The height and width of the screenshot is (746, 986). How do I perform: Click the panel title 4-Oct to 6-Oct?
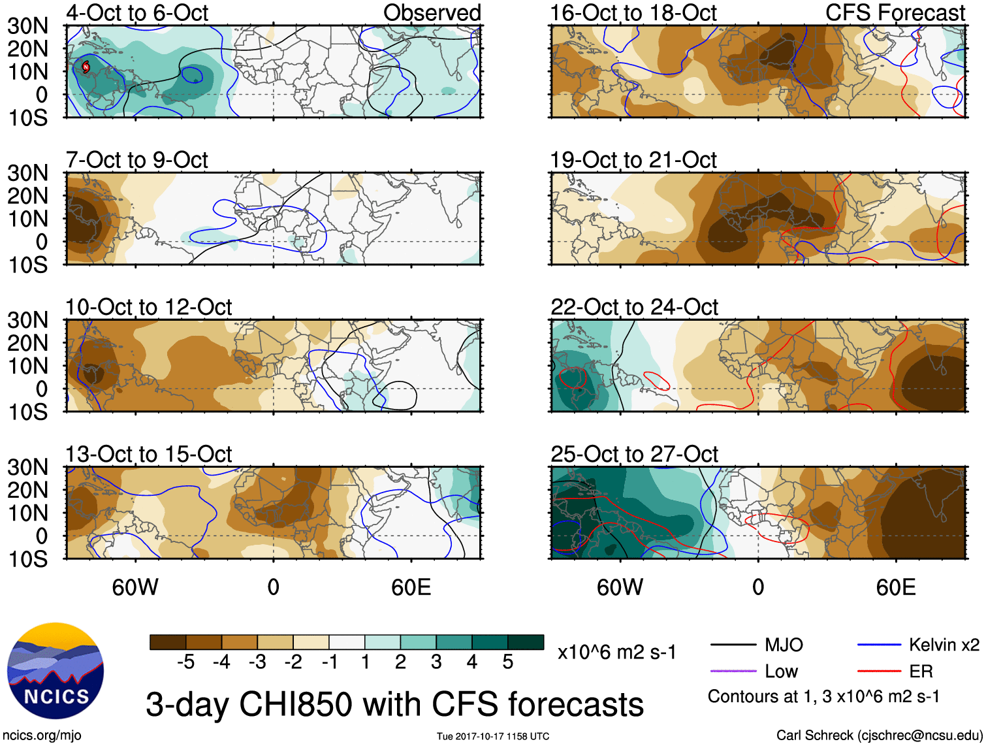[x=137, y=12]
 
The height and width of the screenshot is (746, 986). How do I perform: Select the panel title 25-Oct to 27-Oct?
[x=634, y=454]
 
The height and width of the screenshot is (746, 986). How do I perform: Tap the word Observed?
[x=432, y=12]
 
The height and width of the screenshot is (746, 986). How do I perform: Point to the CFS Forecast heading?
[x=895, y=12]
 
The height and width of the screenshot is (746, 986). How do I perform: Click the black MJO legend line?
[x=733, y=645]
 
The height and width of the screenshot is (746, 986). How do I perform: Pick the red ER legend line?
[x=879, y=671]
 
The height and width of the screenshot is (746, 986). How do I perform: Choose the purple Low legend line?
[x=733, y=671]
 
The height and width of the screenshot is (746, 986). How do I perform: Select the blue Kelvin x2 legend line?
[x=879, y=645]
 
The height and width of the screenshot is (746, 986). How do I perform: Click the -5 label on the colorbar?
[x=185, y=662]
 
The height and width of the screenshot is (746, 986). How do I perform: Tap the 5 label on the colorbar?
[x=508, y=662]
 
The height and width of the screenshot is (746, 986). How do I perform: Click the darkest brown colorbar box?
[x=168, y=642]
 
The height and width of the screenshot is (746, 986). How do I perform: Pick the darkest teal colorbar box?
[x=526, y=642]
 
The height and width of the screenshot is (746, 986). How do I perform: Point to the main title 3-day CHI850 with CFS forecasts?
[x=394, y=705]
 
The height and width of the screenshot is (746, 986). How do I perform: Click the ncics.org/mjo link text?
[x=42, y=736]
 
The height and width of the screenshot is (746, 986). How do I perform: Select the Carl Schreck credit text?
[x=879, y=736]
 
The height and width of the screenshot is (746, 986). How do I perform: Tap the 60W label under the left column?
[x=135, y=587]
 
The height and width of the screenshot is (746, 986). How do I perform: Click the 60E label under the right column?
[x=895, y=587]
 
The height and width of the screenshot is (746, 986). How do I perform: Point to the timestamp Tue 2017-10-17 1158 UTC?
[x=493, y=736]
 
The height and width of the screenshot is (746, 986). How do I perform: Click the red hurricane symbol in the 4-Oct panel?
[x=86, y=67]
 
